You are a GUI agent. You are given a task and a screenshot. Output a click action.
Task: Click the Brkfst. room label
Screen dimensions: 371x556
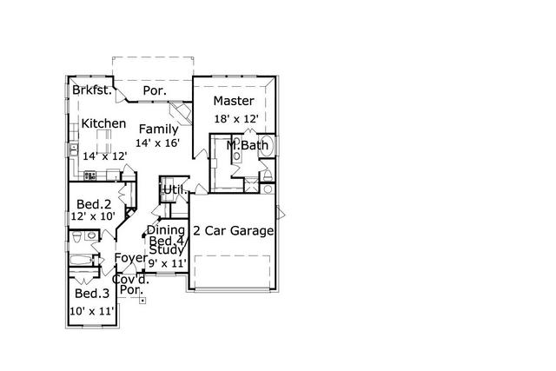93,90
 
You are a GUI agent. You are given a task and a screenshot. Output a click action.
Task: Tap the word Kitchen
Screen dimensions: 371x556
104,124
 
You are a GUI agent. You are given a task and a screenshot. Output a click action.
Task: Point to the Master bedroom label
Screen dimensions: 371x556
233,102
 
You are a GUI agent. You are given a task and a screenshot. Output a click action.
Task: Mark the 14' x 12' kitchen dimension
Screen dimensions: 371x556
105,156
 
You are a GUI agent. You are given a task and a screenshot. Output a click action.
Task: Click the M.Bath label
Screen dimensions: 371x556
248,145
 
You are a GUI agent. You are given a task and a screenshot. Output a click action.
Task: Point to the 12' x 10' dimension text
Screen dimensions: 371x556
94,217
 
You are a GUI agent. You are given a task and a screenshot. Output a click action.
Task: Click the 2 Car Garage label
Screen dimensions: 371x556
234,231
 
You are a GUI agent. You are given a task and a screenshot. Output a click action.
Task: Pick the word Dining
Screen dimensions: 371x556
165,230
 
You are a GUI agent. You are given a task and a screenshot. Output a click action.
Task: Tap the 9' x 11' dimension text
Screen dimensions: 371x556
167,262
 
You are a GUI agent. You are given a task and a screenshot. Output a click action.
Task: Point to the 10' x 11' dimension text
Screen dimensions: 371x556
91,309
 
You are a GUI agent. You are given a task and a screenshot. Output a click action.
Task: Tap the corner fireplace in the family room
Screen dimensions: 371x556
179,111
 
